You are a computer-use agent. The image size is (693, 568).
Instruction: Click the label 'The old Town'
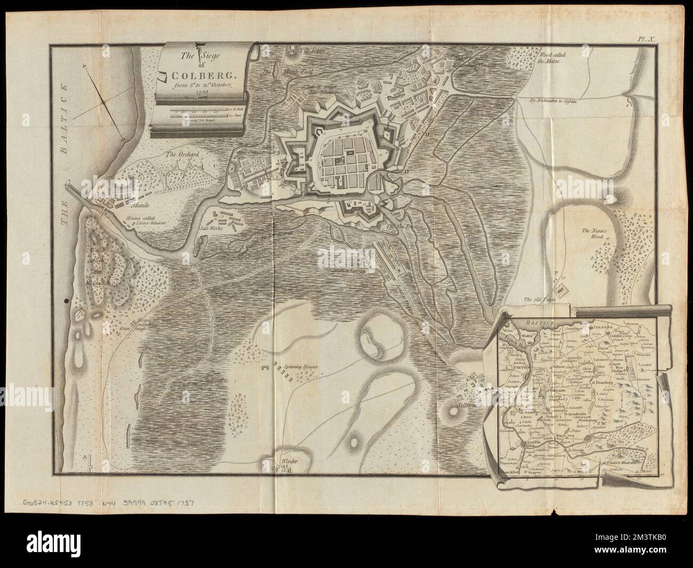pyautogui.click(x=541, y=299)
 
